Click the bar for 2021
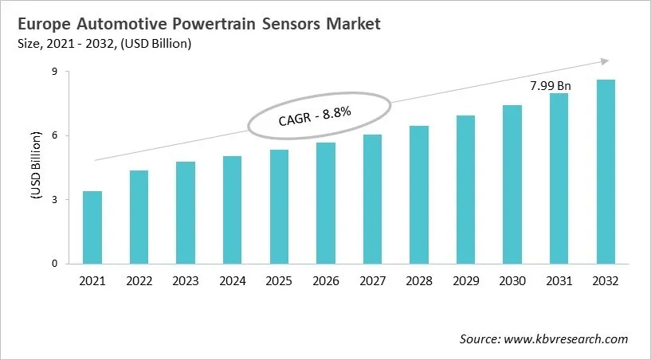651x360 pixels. [92, 227]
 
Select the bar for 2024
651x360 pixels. [232, 209]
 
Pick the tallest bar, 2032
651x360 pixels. [606, 171]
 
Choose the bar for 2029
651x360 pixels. [465, 190]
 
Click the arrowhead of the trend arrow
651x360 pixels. [605, 61]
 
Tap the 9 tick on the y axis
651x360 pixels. [56, 72]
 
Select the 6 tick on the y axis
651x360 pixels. [56, 135]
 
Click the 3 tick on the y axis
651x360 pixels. [56, 199]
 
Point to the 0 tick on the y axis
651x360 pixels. [56, 264]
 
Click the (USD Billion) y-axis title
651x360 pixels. [36, 167]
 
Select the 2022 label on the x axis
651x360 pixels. [139, 281]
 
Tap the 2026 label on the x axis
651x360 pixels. [325, 281]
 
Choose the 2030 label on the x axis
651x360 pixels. [512, 281]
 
